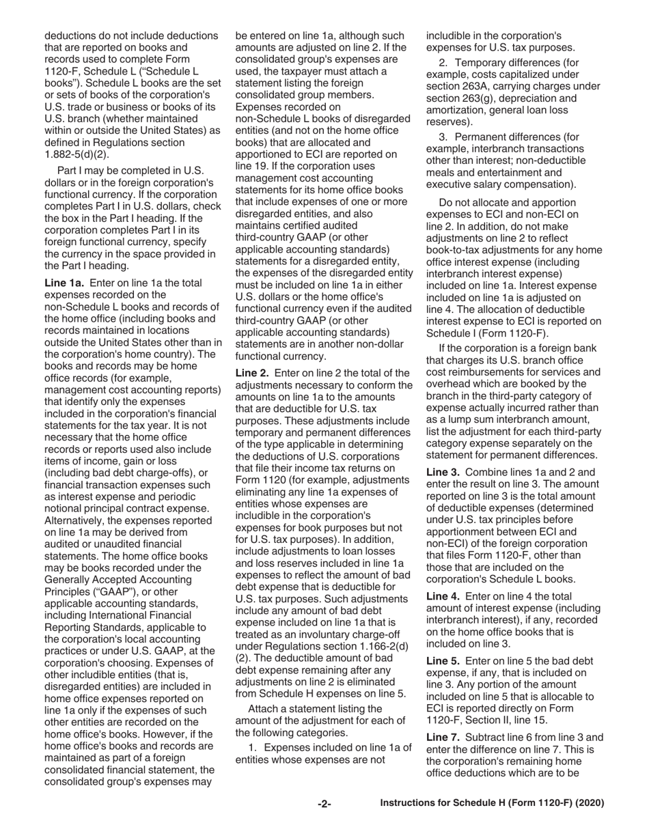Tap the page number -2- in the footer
tap(324, 804)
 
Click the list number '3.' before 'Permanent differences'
tap(444, 136)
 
